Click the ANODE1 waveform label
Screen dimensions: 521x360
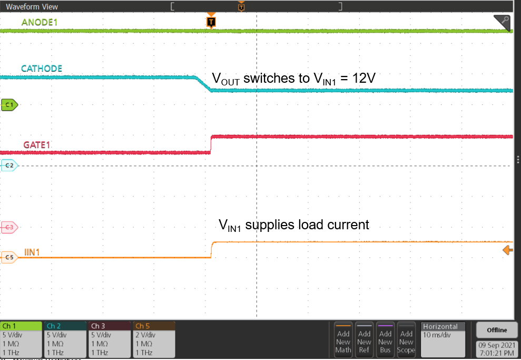point(39,22)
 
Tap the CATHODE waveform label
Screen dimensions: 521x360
point(42,69)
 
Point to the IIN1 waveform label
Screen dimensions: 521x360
point(32,252)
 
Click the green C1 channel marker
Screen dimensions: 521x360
point(9,105)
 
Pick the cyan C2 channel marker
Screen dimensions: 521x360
point(9,166)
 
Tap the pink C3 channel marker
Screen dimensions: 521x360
point(9,227)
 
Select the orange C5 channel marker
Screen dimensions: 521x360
point(9,257)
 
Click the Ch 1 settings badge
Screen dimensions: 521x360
point(21,339)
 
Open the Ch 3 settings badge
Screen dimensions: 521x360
point(109,339)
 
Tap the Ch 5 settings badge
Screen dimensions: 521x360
point(153,339)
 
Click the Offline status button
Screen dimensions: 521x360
point(496,330)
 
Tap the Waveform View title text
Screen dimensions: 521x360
point(32,7)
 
